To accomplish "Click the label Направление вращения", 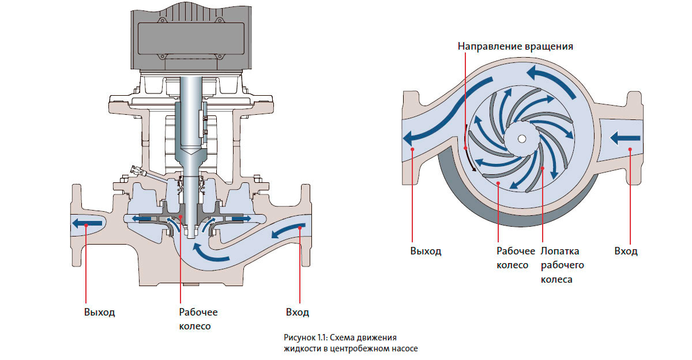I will (x=515, y=46).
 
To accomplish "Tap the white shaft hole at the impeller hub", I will (x=521, y=139).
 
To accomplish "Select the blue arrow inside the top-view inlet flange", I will (x=625, y=138).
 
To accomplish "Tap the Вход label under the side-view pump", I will (x=298, y=312).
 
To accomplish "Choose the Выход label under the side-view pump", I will (x=99, y=312).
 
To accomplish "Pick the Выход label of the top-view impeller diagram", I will (x=426, y=251).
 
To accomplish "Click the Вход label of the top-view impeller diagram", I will (x=626, y=251).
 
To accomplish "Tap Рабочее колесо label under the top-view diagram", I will (x=512, y=258).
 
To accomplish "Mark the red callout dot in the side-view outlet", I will (x=85, y=226).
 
